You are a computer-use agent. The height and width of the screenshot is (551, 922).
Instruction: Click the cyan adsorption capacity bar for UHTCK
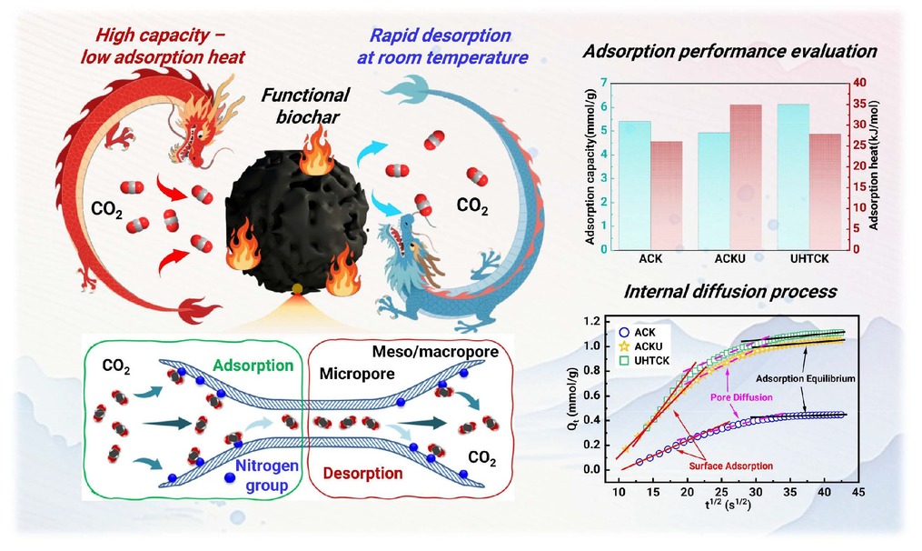pos(793,176)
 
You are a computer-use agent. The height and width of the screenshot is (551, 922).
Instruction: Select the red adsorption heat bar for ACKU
pos(746,177)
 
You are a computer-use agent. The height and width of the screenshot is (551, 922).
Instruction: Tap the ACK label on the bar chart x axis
pos(650,259)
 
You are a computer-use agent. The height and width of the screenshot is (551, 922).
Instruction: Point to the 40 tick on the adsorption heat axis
pos(859,83)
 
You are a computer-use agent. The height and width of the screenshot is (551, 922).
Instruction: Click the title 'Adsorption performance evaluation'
pos(729,51)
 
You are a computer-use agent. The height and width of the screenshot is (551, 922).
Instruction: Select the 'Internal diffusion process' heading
pos(730,291)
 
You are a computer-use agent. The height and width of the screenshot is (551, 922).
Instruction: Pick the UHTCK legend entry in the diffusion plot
pos(645,361)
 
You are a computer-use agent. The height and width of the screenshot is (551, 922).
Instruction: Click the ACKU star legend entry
pos(641,346)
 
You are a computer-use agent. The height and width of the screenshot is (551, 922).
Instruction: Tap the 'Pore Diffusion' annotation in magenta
pos(741,397)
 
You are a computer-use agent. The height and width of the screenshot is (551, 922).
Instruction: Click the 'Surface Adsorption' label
pos(731,466)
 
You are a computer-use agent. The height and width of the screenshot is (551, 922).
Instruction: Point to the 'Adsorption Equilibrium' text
pos(806,378)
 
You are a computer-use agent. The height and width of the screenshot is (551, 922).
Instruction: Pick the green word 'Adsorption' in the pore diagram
pos(253,366)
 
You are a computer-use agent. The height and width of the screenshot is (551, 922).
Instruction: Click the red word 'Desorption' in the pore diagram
pos(362,474)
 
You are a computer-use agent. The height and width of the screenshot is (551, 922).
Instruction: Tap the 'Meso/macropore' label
pos(435,352)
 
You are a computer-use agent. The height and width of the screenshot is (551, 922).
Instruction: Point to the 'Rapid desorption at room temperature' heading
pos(442,45)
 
